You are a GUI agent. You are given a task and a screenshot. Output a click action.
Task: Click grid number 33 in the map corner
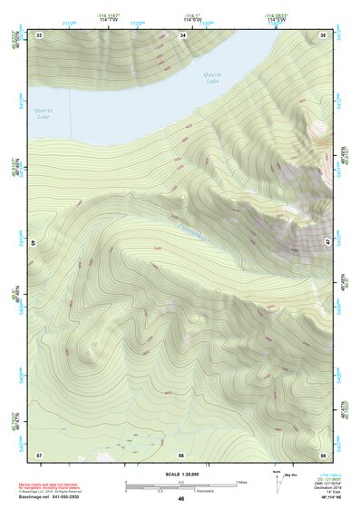point(39,34)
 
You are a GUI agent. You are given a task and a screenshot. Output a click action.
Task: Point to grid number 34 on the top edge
point(182,34)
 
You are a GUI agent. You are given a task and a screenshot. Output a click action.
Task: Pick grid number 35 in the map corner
point(324,34)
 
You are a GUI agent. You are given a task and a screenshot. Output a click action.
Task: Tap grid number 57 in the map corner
point(39,454)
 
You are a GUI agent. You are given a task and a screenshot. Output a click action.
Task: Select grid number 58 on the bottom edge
point(181,454)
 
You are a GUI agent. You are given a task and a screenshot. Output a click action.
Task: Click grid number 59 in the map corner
point(324,454)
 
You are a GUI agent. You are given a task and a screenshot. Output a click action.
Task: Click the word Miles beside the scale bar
point(242,482)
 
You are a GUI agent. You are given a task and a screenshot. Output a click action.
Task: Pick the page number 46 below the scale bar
point(181,499)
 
